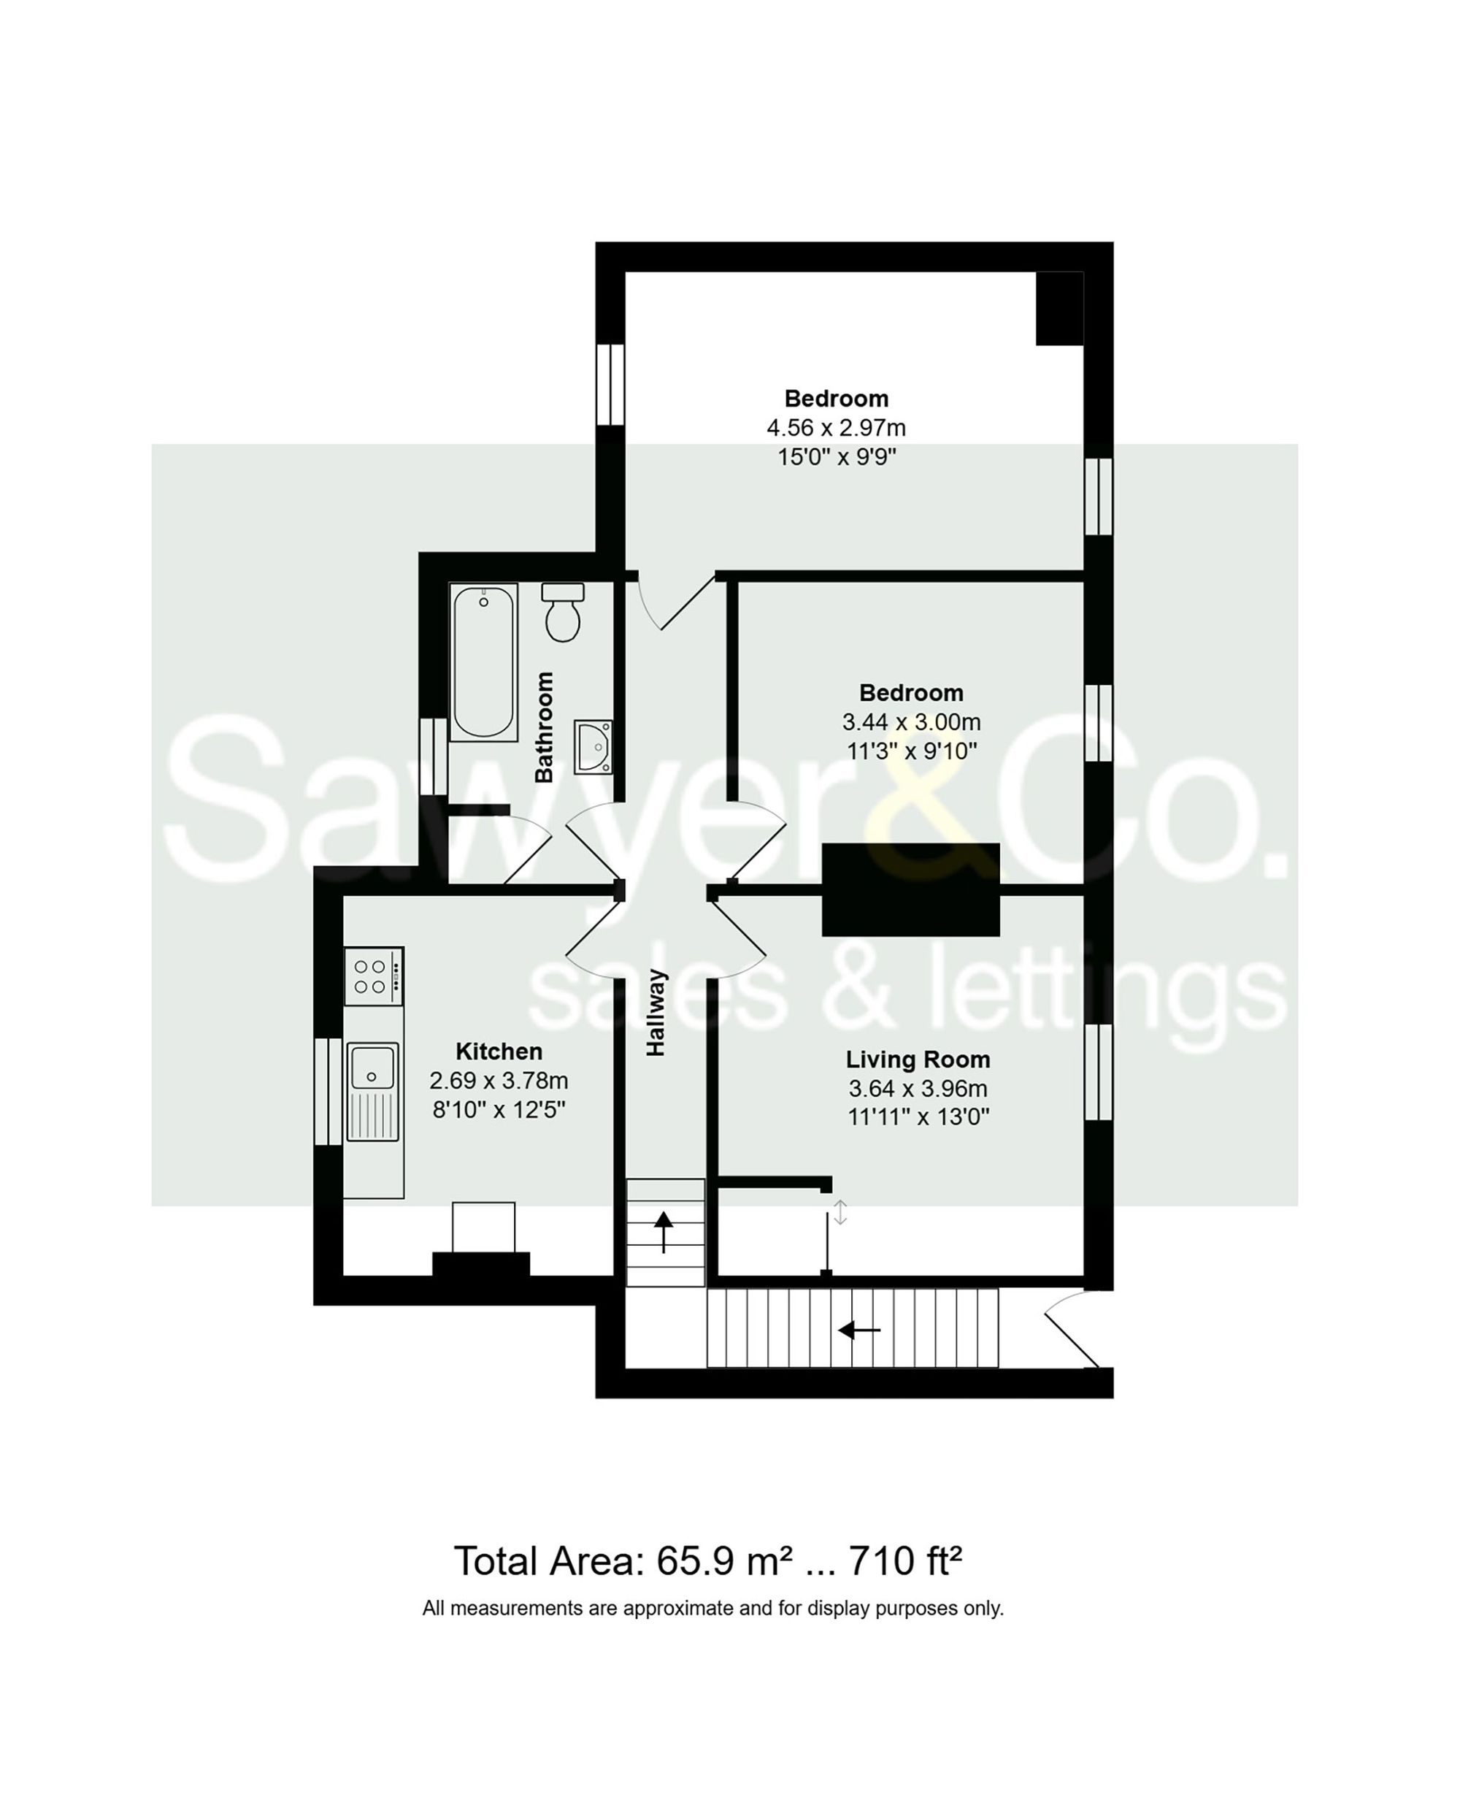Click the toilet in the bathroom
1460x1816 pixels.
point(562,613)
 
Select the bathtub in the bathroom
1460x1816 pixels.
point(483,663)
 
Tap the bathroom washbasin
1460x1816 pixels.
point(593,746)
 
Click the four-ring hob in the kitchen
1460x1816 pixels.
point(374,976)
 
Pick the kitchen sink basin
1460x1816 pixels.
point(372,1068)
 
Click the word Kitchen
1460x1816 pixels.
point(499,1051)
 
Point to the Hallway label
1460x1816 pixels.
point(656,1013)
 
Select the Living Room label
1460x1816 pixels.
point(918,1060)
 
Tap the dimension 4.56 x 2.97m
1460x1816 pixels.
point(836,428)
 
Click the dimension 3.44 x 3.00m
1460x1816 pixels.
point(911,722)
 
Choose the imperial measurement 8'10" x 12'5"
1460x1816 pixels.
point(499,1109)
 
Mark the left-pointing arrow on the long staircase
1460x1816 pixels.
point(858,1331)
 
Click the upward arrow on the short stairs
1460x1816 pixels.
point(664,1231)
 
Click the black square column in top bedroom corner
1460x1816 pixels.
point(1059,308)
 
